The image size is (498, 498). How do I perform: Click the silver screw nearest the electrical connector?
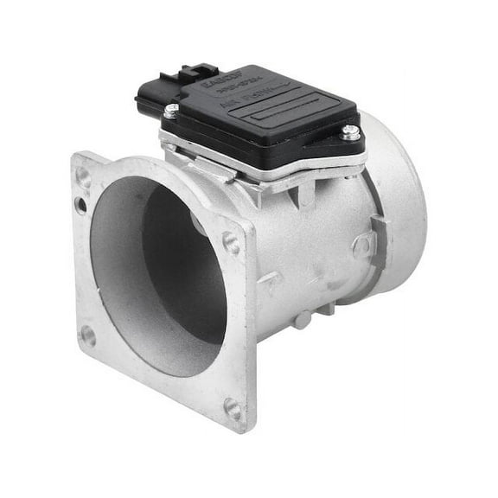click(x=172, y=110)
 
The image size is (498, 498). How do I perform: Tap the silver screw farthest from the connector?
click(x=350, y=132)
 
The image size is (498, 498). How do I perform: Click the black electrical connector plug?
click(x=164, y=90)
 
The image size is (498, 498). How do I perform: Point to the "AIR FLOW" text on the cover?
click(x=251, y=105)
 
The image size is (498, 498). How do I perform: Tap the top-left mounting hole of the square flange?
click(x=84, y=176)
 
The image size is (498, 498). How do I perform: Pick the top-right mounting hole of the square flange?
click(x=231, y=243)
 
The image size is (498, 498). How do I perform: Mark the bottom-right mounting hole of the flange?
click(x=233, y=408)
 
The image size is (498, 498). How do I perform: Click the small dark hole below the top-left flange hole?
click(x=81, y=205)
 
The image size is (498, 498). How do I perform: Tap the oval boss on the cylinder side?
click(x=364, y=247)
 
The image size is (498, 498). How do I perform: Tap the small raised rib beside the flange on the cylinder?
click(x=269, y=280)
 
